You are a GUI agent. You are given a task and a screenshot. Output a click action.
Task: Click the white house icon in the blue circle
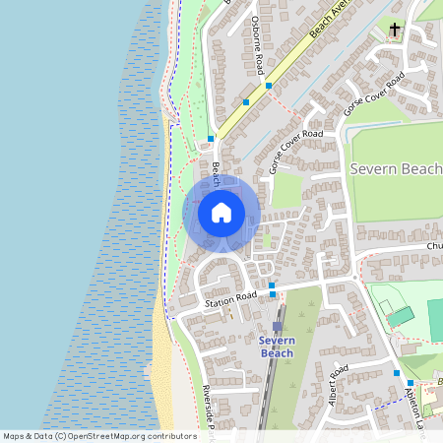(221, 212)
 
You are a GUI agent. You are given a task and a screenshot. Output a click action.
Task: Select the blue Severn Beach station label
(277, 347)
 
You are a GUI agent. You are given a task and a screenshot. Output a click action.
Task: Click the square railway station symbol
(277, 325)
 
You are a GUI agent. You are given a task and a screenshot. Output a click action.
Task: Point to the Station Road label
(229, 299)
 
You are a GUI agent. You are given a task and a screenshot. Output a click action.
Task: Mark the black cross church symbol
(396, 30)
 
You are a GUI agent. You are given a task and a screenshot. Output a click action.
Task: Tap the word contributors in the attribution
(169, 435)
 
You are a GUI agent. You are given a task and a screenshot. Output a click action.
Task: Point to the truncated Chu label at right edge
(434, 245)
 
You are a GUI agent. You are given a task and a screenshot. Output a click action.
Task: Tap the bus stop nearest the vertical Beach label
(211, 139)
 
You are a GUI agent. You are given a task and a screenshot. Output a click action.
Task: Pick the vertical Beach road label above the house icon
(216, 173)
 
